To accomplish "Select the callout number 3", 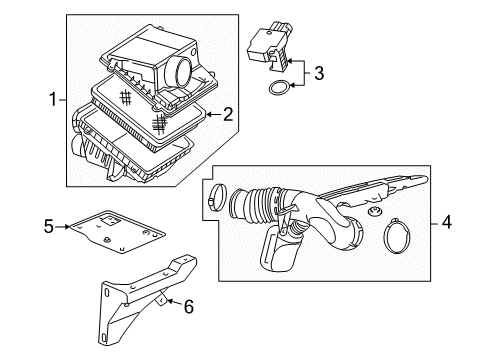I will (318, 72).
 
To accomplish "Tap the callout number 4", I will (447, 223).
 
